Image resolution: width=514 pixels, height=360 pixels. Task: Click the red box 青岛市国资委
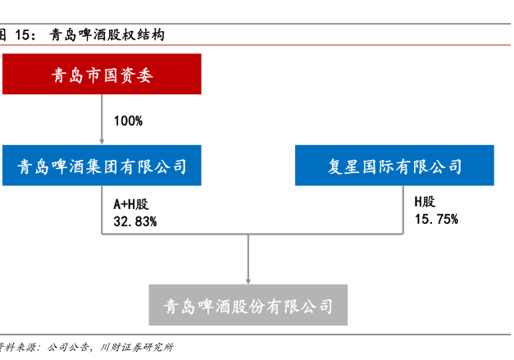tap(102, 74)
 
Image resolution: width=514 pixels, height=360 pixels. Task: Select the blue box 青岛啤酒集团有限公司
tap(102, 166)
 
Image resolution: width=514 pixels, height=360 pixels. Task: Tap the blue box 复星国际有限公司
tap(394, 166)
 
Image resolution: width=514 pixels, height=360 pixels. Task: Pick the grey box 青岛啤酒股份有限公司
tap(248, 305)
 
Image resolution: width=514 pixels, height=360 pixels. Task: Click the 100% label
tap(128, 121)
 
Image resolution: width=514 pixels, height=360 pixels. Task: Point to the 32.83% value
tap(135, 221)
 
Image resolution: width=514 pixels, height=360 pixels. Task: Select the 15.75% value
tap(436, 219)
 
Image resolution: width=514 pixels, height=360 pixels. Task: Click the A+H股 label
tap(131, 204)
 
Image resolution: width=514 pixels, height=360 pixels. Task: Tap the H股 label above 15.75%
tap(425, 202)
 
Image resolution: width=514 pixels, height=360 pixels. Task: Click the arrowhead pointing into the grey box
tap(248, 281)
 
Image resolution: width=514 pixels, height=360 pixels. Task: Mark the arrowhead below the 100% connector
tap(102, 142)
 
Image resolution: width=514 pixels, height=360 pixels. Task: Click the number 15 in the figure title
tap(23, 34)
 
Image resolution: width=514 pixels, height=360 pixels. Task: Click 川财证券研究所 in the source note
tap(136, 347)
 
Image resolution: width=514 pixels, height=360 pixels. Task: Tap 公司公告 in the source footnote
tap(68, 347)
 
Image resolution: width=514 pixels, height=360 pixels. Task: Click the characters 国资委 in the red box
tap(128, 75)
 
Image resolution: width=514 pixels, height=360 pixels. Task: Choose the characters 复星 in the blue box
tap(343, 166)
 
